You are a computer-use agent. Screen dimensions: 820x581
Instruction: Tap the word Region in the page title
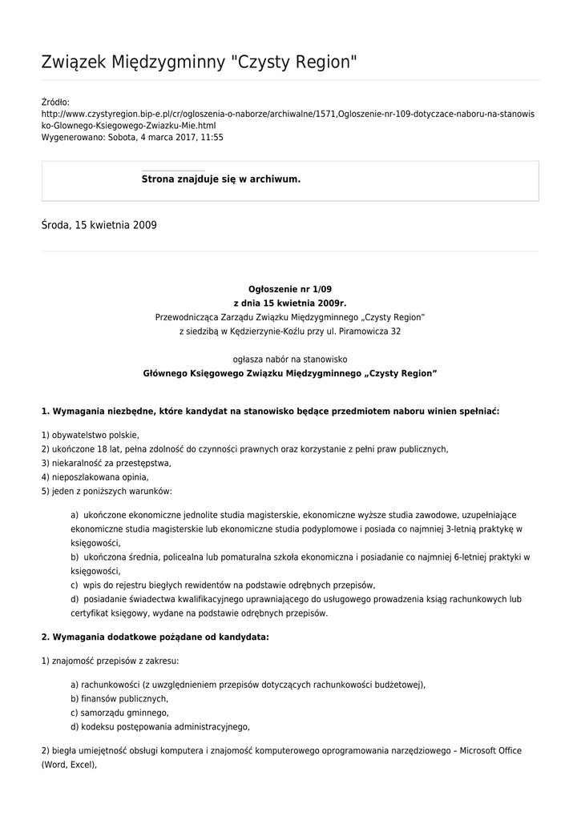[320, 62]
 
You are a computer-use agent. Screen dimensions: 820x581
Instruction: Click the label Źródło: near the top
[55, 102]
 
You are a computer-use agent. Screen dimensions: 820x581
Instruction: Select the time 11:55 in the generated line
[212, 137]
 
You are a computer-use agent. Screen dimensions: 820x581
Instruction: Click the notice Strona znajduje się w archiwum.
[220, 179]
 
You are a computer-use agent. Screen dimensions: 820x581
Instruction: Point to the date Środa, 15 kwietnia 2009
[99, 226]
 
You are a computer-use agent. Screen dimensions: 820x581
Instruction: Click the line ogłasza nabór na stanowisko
[289, 360]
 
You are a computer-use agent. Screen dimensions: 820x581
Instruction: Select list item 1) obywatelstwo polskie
[90, 435]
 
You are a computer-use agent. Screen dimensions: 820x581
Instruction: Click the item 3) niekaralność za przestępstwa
[106, 463]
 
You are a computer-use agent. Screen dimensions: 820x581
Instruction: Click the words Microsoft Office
[482, 750]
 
